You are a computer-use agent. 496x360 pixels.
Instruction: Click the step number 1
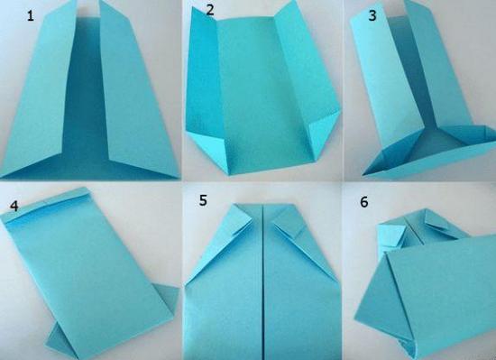pyautogui.click(x=31, y=15)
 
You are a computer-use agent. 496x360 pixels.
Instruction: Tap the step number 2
pyautogui.click(x=210, y=10)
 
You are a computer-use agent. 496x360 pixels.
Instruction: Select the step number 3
pyautogui.click(x=372, y=15)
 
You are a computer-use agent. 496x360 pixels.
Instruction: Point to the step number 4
pyautogui.click(x=14, y=207)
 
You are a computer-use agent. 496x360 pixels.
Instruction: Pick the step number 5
pyautogui.click(x=203, y=200)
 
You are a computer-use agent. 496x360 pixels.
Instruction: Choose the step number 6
pyautogui.click(x=364, y=202)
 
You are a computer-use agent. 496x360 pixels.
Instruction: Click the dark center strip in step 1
pyautogui.click(x=86, y=95)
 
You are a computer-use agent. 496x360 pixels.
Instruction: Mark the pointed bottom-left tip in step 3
pyautogui.click(x=363, y=174)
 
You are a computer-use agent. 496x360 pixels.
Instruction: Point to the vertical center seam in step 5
pyautogui.click(x=263, y=282)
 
